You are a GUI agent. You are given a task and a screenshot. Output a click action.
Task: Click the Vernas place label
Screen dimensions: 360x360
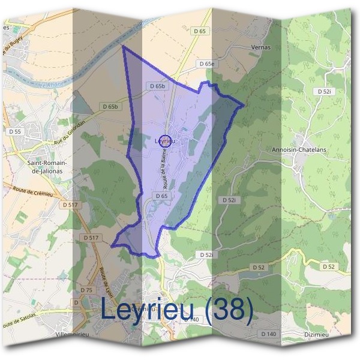coord(262,47)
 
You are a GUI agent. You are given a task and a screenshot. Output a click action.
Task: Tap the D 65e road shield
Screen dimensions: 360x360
coord(206,64)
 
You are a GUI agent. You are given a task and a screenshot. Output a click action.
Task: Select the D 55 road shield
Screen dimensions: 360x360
coord(14,131)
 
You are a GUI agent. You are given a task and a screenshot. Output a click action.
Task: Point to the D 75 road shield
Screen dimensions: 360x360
coord(86,290)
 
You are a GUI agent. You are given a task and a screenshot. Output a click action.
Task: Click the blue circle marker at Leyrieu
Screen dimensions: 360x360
coord(167,142)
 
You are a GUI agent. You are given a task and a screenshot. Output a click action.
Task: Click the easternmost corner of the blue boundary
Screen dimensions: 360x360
coord(244,107)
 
